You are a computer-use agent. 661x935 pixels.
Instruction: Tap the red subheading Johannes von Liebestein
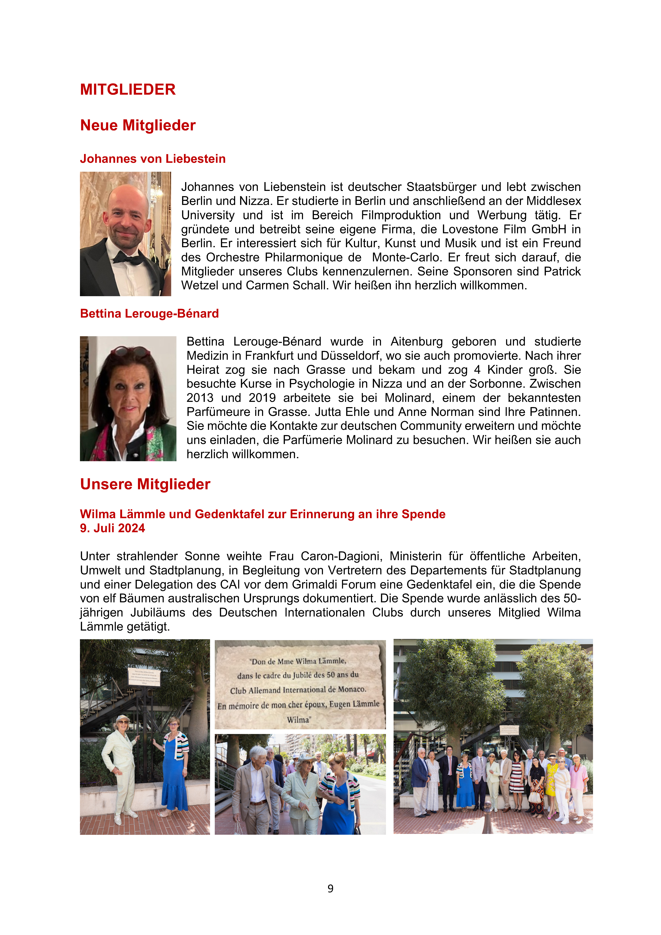coord(153,159)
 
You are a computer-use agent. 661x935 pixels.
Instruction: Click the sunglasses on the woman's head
coord(130,351)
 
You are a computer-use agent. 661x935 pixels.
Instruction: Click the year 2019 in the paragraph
coord(262,398)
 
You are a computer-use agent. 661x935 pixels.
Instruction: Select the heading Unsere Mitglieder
coord(145,484)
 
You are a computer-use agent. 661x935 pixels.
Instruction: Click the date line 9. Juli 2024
coord(112,528)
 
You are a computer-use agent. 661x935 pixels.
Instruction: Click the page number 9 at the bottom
coord(330,888)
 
